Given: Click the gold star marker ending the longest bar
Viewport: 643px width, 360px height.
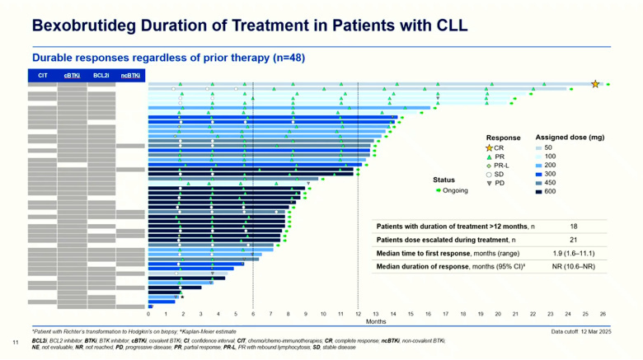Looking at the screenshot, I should pos(595,84).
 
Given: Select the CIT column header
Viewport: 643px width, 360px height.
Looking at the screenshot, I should pos(43,76).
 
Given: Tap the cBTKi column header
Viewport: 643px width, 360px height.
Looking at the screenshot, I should pos(72,76).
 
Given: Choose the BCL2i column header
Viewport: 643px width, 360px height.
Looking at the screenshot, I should pos(101,76).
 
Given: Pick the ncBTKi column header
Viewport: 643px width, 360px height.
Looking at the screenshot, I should pos(130,76).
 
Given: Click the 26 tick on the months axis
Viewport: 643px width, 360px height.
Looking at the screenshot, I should pos(603,314).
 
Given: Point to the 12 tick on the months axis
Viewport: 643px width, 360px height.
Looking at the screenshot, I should pos(358,314).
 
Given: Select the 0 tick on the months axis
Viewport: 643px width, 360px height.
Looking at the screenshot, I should pos(148,314).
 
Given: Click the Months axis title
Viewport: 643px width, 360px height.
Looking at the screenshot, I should pos(376,322).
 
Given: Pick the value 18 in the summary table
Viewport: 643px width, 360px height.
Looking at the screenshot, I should pos(573,225).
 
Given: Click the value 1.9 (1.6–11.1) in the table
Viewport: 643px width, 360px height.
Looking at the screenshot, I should pos(573,253).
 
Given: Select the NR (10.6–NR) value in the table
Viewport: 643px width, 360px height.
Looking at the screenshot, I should pos(573,267).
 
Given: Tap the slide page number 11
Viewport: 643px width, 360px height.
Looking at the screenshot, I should pos(16,341).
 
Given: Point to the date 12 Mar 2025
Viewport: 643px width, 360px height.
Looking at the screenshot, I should pos(596,331).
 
